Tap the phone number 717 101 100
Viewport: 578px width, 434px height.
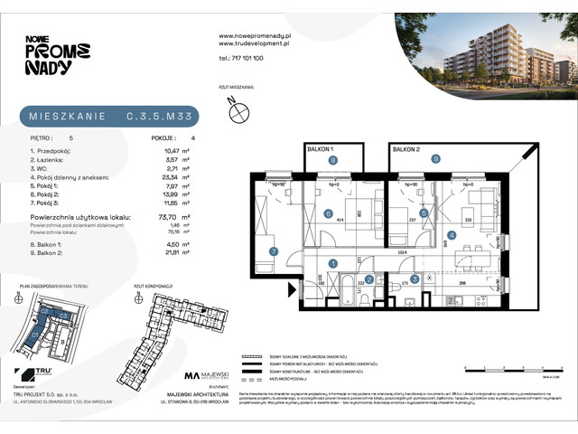point(243,58)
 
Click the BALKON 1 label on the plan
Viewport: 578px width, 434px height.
point(319,147)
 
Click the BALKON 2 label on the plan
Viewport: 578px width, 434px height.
point(407,147)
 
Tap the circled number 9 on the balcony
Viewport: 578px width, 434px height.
point(435,159)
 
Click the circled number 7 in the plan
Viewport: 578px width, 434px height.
point(272,251)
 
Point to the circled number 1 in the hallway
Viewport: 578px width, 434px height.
point(332,263)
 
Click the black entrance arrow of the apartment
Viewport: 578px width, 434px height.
point(291,291)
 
